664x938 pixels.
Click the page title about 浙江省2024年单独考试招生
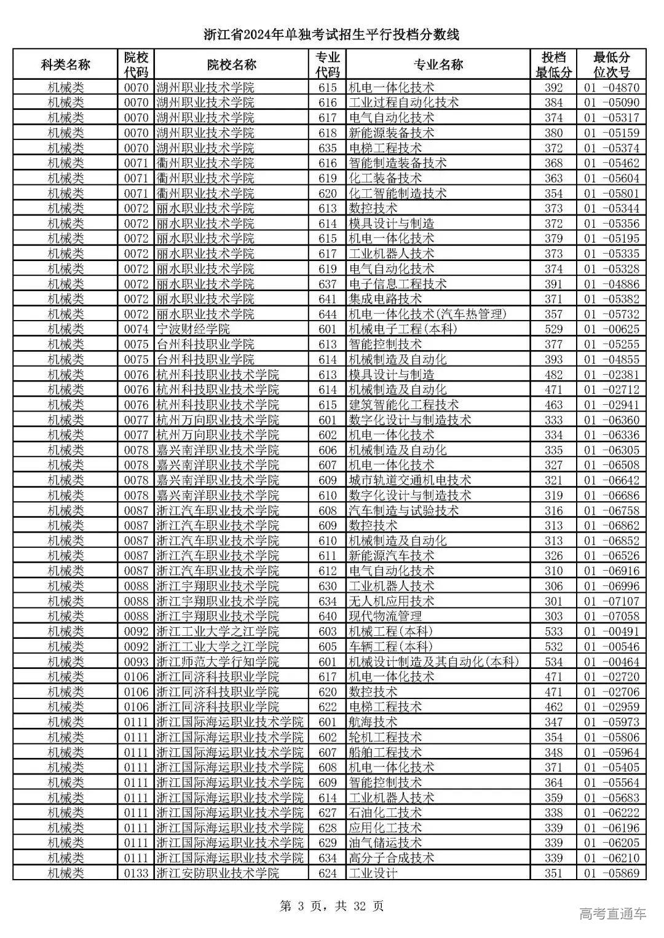(331, 35)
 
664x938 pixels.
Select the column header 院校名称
(231, 64)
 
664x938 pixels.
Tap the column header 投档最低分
(553, 64)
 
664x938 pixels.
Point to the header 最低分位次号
(611, 64)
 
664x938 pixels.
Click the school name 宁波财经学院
(192, 329)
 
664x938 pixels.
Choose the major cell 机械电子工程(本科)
(403, 329)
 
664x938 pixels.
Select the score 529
(553, 329)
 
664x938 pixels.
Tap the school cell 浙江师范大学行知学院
(217, 662)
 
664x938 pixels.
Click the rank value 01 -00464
(611, 662)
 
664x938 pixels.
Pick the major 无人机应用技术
(391, 601)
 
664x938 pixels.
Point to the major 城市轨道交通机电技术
(409, 480)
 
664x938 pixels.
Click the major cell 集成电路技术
(385, 299)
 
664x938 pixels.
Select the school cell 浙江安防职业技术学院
(217, 873)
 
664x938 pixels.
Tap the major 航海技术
(373, 722)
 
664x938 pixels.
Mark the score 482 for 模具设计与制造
(553, 375)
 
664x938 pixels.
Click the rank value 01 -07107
(611, 601)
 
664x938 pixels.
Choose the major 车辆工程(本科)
(390, 646)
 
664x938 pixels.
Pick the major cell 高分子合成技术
(391, 858)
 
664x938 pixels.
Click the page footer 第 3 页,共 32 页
(331, 905)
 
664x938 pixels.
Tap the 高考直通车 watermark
(612, 913)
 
